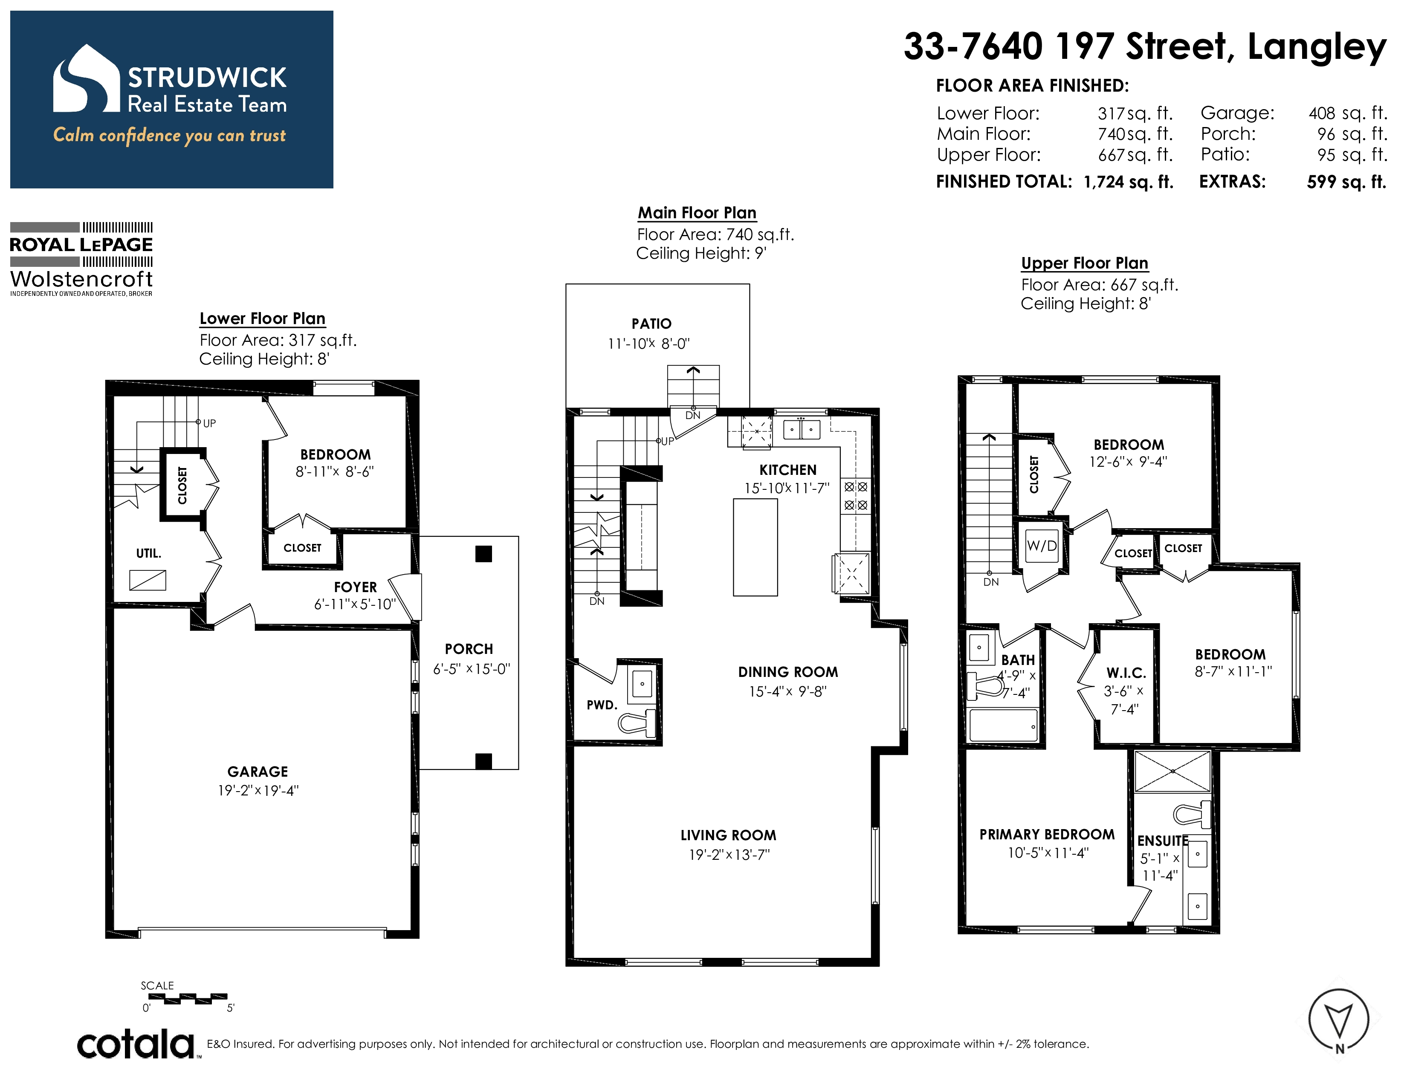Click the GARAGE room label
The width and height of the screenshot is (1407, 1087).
258,772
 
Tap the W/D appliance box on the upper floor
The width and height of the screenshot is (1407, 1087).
1042,546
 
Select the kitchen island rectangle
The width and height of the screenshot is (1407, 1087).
755,547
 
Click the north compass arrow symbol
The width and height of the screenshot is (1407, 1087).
1339,1021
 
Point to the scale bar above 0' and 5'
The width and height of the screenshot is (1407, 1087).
188,999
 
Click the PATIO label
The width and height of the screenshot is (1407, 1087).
651,324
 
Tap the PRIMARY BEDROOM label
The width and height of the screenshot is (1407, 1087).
1047,835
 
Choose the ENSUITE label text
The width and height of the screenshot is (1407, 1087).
1163,841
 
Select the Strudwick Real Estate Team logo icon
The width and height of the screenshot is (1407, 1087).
86,78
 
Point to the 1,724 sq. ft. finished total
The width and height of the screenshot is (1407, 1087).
1129,182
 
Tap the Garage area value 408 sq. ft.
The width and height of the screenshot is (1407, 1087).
1348,113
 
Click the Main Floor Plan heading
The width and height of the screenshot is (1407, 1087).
697,213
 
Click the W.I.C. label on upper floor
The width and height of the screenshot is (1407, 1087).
1126,673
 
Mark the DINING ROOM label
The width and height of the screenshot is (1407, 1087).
788,672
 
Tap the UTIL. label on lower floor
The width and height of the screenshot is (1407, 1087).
149,554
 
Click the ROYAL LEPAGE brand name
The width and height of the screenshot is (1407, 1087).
81,245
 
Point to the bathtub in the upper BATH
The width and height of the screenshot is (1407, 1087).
1004,726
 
